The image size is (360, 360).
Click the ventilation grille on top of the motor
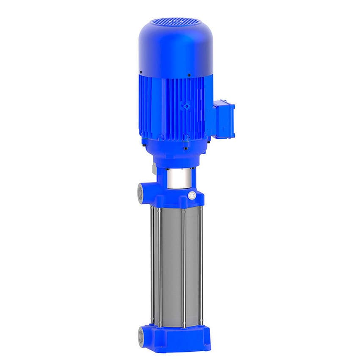pos(175,21)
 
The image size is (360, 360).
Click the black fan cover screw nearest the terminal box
pos(189,76)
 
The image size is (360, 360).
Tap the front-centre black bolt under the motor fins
pos(185,138)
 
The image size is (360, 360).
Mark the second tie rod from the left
pos(159,267)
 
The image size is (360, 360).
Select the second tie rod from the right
pos(183,267)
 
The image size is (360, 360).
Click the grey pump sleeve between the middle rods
pos(172,267)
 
